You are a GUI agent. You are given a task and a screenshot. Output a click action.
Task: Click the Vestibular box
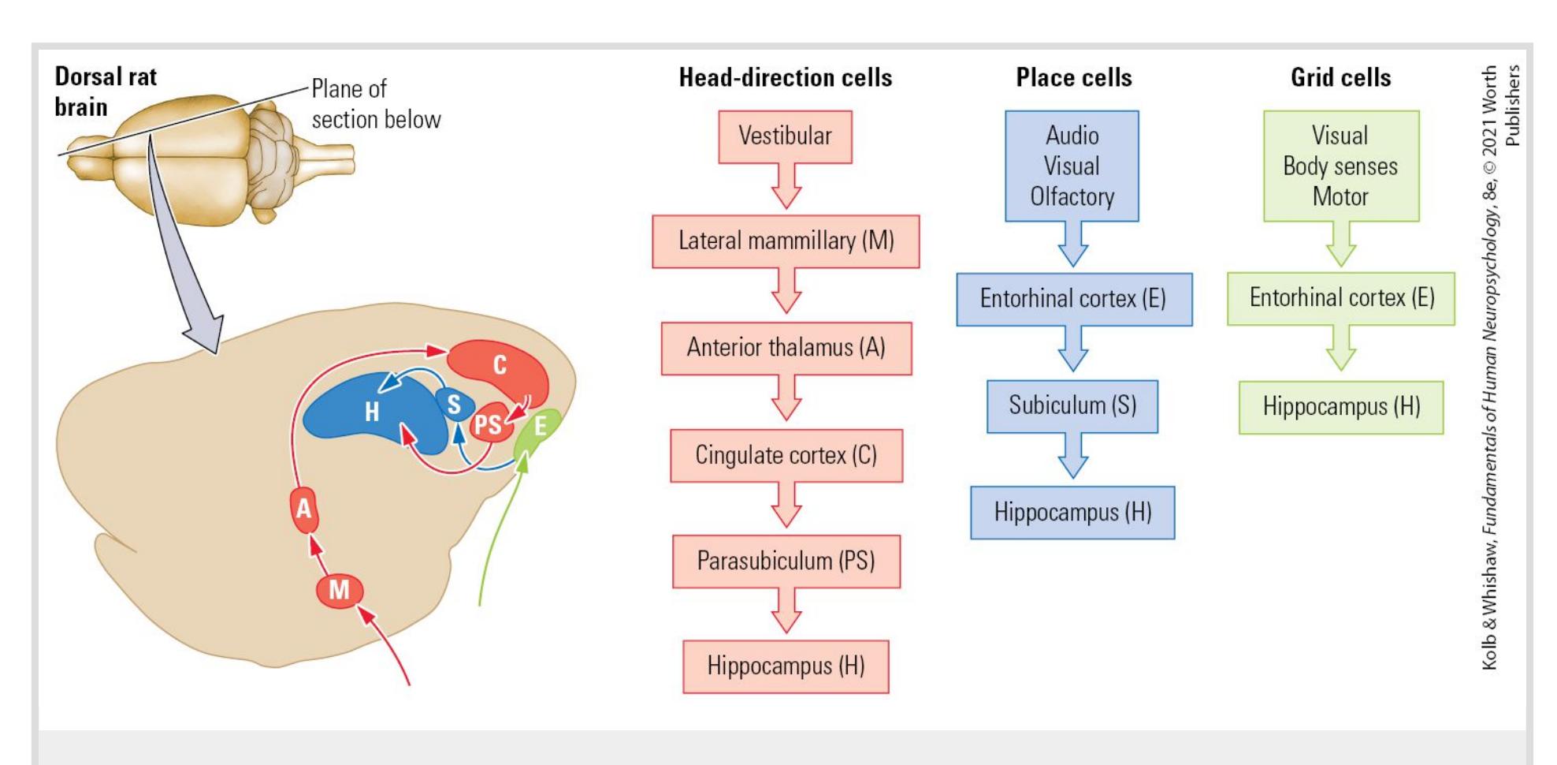785,136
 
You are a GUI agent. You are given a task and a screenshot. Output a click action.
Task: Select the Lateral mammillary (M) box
786,241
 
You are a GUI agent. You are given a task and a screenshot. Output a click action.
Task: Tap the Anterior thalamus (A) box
786,348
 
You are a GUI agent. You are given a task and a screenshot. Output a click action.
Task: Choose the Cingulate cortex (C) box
786,455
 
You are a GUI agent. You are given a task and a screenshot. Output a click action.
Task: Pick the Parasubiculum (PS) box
786,562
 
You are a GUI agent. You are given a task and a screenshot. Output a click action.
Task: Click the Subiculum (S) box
1072,406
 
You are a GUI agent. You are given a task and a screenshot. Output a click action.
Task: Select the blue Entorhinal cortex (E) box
1073,299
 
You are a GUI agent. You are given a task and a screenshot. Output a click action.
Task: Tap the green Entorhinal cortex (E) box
1340,298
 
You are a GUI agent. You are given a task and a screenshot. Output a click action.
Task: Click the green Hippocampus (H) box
1340,407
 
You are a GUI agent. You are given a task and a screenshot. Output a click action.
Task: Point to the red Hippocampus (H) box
786,666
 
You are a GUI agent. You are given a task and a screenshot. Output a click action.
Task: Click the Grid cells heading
1340,77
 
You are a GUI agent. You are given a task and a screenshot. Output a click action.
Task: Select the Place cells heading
1073,77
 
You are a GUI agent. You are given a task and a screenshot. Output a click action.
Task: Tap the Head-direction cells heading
786,77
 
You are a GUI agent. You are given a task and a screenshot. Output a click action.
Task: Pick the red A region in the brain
304,509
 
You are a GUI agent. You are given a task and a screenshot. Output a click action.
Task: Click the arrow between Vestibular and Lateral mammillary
786,188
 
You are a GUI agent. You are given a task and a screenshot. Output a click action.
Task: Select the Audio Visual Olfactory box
1072,166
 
